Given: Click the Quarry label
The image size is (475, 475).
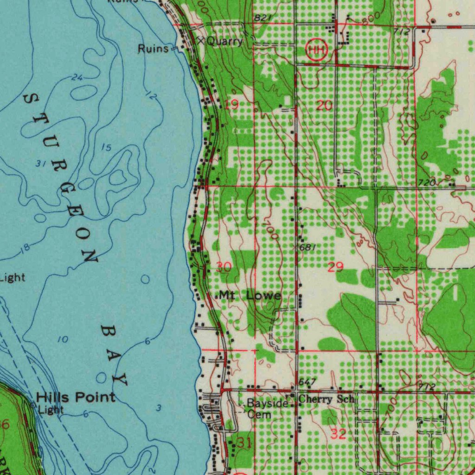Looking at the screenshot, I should pos(225,41).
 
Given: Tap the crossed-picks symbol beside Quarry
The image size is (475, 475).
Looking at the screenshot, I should pos(200,40).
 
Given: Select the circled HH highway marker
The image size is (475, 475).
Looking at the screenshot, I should pos(317,50).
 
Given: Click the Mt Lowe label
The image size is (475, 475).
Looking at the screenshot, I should pos(250,295).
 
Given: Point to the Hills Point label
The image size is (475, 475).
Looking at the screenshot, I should pos(76,397).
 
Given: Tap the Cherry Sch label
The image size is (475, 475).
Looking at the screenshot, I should pos(327,399).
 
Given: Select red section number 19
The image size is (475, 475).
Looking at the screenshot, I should pos(231,105).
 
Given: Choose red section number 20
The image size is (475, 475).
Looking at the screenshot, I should pos(325,106).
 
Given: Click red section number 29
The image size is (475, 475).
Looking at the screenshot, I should pos(335,267).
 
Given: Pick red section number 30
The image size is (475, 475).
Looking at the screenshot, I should pos(224,267).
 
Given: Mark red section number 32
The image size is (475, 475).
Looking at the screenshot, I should pos(338,434).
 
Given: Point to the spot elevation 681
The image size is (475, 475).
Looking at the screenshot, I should pos(308,248).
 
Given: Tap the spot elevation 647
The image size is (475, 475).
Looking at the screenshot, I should pos(307,382).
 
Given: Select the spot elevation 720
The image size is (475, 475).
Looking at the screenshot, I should pos(426,183).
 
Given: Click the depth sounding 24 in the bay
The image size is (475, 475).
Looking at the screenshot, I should pos(77,77).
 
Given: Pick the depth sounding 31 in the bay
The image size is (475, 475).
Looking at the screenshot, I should pos(40,163).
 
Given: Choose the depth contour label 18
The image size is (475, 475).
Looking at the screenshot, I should pos(25,248).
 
